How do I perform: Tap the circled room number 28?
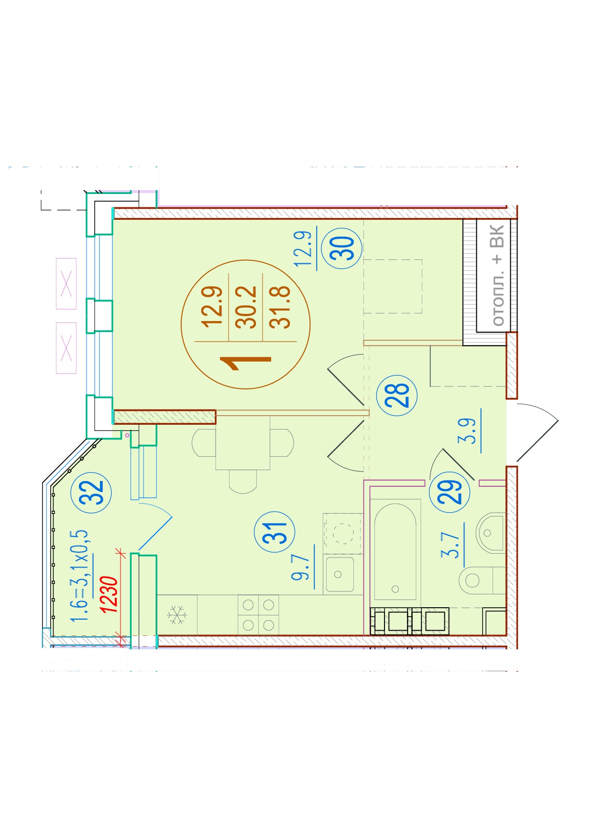click(x=397, y=395)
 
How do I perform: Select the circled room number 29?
click(x=450, y=492)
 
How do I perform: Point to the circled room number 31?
click(x=275, y=532)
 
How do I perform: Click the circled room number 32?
click(x=91, y=493)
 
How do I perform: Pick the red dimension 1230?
click(x=109, y=594)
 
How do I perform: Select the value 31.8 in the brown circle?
click(x=280, y=307)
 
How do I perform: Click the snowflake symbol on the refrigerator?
click(x=177, y=615)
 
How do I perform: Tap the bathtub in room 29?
click(x=395, y=552)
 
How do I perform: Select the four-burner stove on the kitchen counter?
click(x=258, y=615)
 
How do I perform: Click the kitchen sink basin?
click(x=339, y=574)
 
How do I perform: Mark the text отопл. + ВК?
click(x=497, y=276)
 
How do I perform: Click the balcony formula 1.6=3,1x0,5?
click(x=79, y=575)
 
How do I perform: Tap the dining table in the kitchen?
click(x=242, y=443)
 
